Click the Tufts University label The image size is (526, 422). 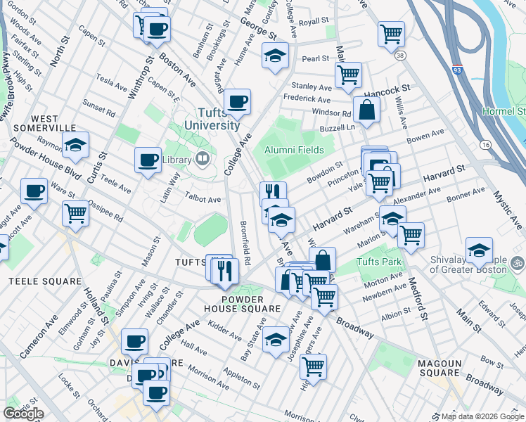tap(212, 119)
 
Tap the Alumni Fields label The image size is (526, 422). tap(294, 150)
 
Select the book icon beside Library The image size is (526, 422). tap(203, 160)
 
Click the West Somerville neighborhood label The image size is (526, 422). tap(44, 122)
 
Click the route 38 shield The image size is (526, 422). tap(399, 53)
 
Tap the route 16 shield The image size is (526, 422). tap(485, 144)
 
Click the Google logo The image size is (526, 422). tap(23, 414)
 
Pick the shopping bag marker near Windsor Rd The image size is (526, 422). tap(366, 110)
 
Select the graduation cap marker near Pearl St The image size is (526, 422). tap(276, 56)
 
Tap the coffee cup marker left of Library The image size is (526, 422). tap(148, 160)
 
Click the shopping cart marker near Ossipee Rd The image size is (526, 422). tap(75, 212)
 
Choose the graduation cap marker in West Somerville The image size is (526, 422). tap(75, 145)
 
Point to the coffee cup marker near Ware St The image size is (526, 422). tap(34, 191)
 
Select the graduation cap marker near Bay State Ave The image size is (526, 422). tap(276, 339)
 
